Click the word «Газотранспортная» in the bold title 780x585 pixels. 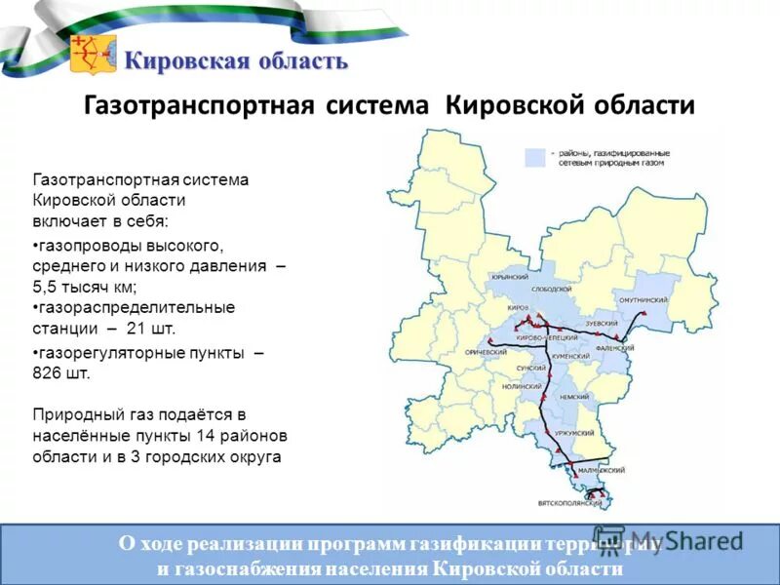[198, 105]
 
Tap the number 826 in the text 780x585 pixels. [51, 373]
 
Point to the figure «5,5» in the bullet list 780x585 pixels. [48, 287]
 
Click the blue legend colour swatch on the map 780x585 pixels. [534, 156]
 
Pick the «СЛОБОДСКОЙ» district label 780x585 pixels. [552, 290]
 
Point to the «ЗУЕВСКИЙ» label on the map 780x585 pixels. [602, 322]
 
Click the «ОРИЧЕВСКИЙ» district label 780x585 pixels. [487, 351]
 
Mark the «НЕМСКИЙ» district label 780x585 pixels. [574, 397]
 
